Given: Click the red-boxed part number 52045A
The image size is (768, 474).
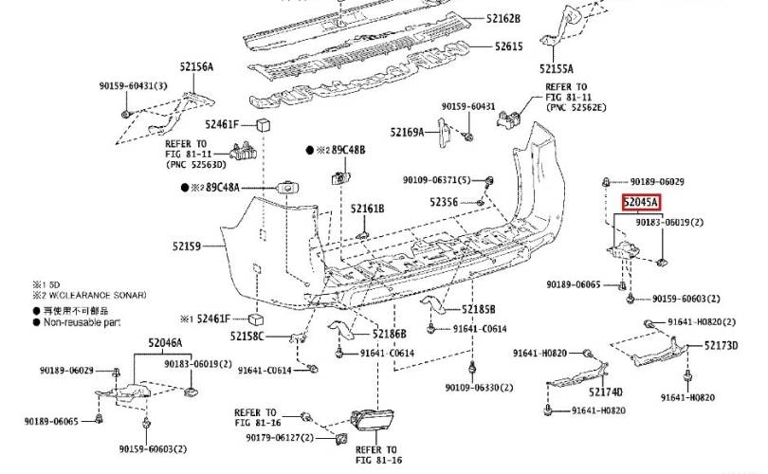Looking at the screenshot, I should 641,202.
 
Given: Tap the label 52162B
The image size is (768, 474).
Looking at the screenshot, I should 503,18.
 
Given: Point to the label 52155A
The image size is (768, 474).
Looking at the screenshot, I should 557,68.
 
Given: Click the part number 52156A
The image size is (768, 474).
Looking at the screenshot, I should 196,66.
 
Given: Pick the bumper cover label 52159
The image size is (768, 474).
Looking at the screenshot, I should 186,246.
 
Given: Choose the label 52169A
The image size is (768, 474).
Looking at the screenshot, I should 409,132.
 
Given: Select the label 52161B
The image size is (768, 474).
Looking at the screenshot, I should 367,208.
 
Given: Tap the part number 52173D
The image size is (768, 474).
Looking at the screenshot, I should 721,345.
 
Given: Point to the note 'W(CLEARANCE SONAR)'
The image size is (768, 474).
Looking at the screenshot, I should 95,296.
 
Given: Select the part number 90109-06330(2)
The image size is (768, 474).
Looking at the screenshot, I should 480,387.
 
